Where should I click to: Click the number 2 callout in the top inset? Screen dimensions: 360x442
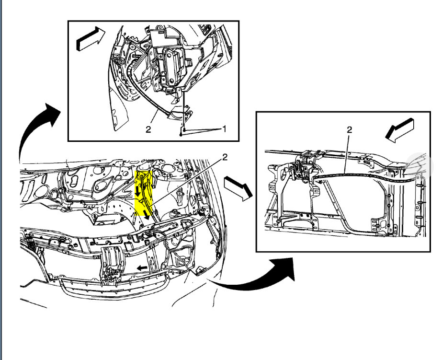tap(148, 129)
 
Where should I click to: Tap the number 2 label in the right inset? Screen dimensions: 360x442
tap(349, 129)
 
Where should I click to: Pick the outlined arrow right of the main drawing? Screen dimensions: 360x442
tap(237, 187)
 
